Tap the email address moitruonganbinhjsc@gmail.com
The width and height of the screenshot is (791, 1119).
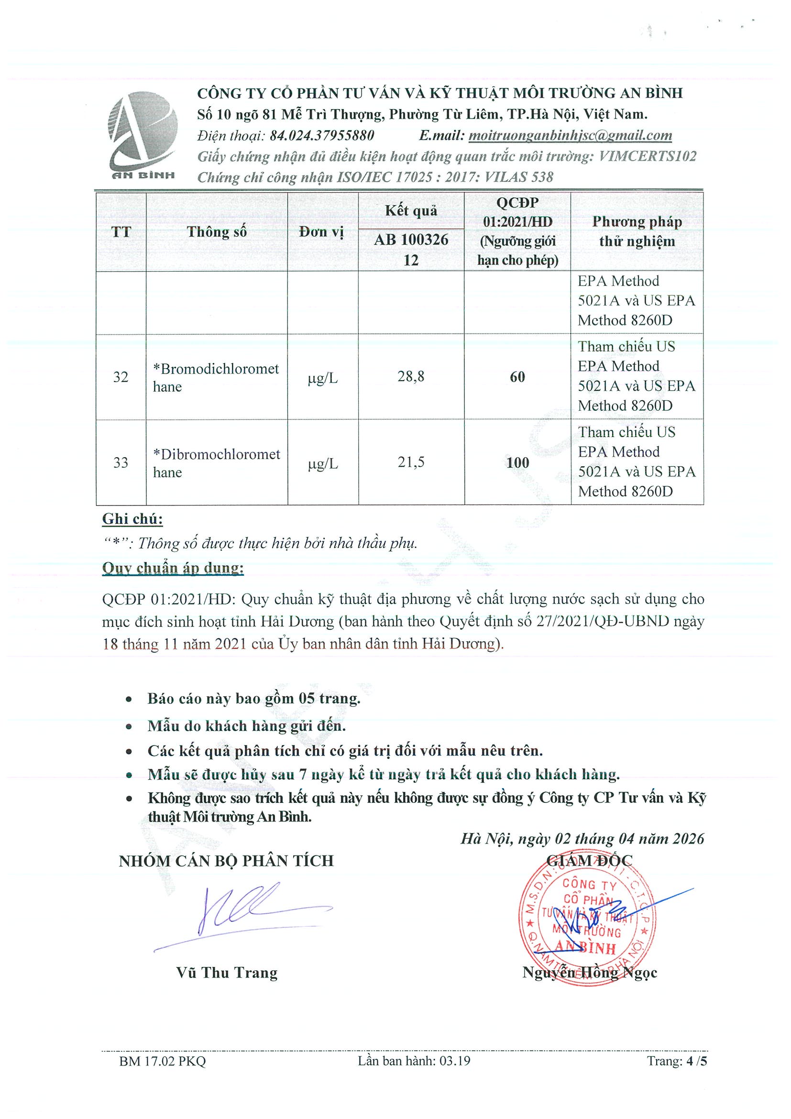[570, 135]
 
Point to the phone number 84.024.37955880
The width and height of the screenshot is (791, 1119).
[322, 135]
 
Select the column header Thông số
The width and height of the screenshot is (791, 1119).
[217, 232]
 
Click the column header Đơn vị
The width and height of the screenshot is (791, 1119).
[322, 232]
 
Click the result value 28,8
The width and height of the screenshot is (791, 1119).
[411, 376]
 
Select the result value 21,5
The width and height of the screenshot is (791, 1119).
[411, 462]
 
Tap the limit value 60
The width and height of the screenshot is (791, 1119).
[517, 377]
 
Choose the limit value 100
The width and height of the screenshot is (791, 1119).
[517, 462]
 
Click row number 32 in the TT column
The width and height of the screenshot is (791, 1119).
[121, 377]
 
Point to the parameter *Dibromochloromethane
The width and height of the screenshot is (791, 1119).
[216, 463]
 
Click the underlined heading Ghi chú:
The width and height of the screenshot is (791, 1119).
[132, 519]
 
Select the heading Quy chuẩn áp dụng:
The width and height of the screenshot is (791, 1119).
[173, 568]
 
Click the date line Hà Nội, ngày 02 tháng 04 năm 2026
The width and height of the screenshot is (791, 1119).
[582, 838]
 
